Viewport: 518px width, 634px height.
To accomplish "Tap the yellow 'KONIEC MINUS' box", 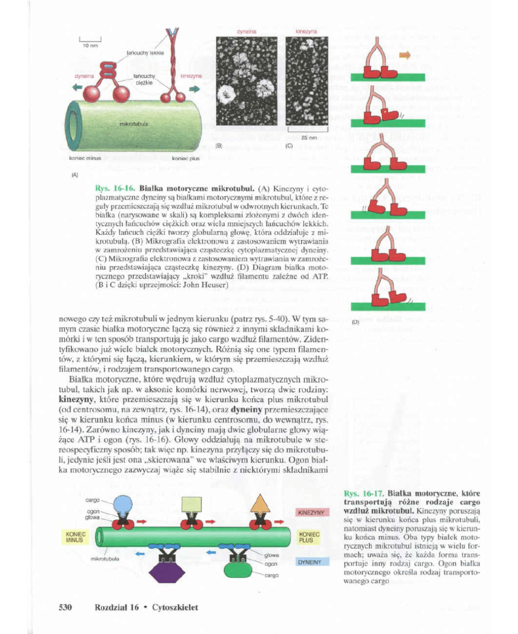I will [73, 536].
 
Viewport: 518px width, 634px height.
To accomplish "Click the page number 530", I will [64, 607].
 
